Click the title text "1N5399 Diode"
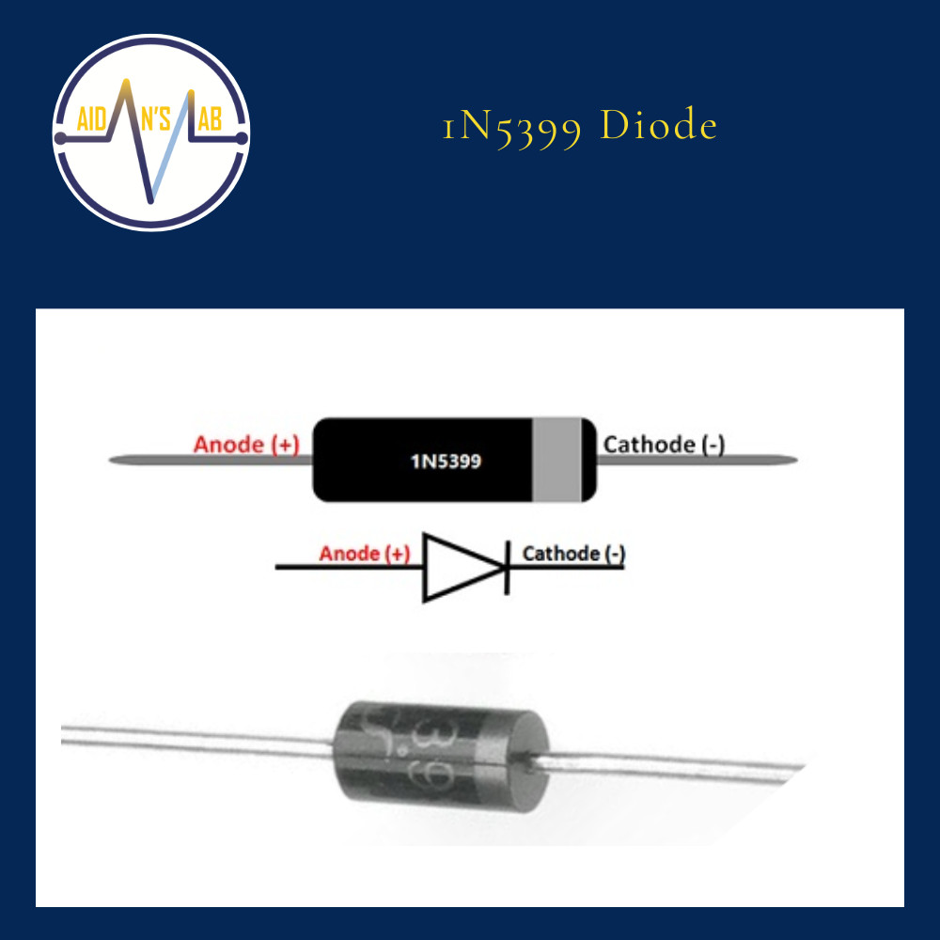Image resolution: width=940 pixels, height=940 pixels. pyautogui.click(x=580, y=126)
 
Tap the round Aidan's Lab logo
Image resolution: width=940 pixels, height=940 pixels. pyautogui.click(x=150, y=133)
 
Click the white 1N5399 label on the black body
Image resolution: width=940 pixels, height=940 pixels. pyautogui.click(x=446, y=462)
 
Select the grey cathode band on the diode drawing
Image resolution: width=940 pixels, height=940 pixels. pyautogui.click(x=556, y=460)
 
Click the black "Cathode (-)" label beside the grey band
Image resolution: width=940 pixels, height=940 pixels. pyautogui.click(x=664, y=444)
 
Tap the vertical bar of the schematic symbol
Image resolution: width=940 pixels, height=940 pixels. pyautogui.click(x=508, y=567)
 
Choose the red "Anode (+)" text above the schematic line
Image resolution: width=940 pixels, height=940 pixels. pyautogui.click(x=365, y=553)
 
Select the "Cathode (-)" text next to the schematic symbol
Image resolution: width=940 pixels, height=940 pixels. pyautogui.click(x=573, y=553)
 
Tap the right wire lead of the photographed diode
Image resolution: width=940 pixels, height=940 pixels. pyautogui.click(x=677, y=763)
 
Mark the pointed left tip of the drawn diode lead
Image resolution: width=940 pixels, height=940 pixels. pyautogui.click(x=113, y=461)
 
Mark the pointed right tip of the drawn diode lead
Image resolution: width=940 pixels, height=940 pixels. pyautogui.click(x=795, y=461)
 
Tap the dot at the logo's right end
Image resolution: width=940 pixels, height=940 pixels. pyautogui.click(x=242, y=138)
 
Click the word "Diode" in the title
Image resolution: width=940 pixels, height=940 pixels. pyautogui.click(x=659, y=126)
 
